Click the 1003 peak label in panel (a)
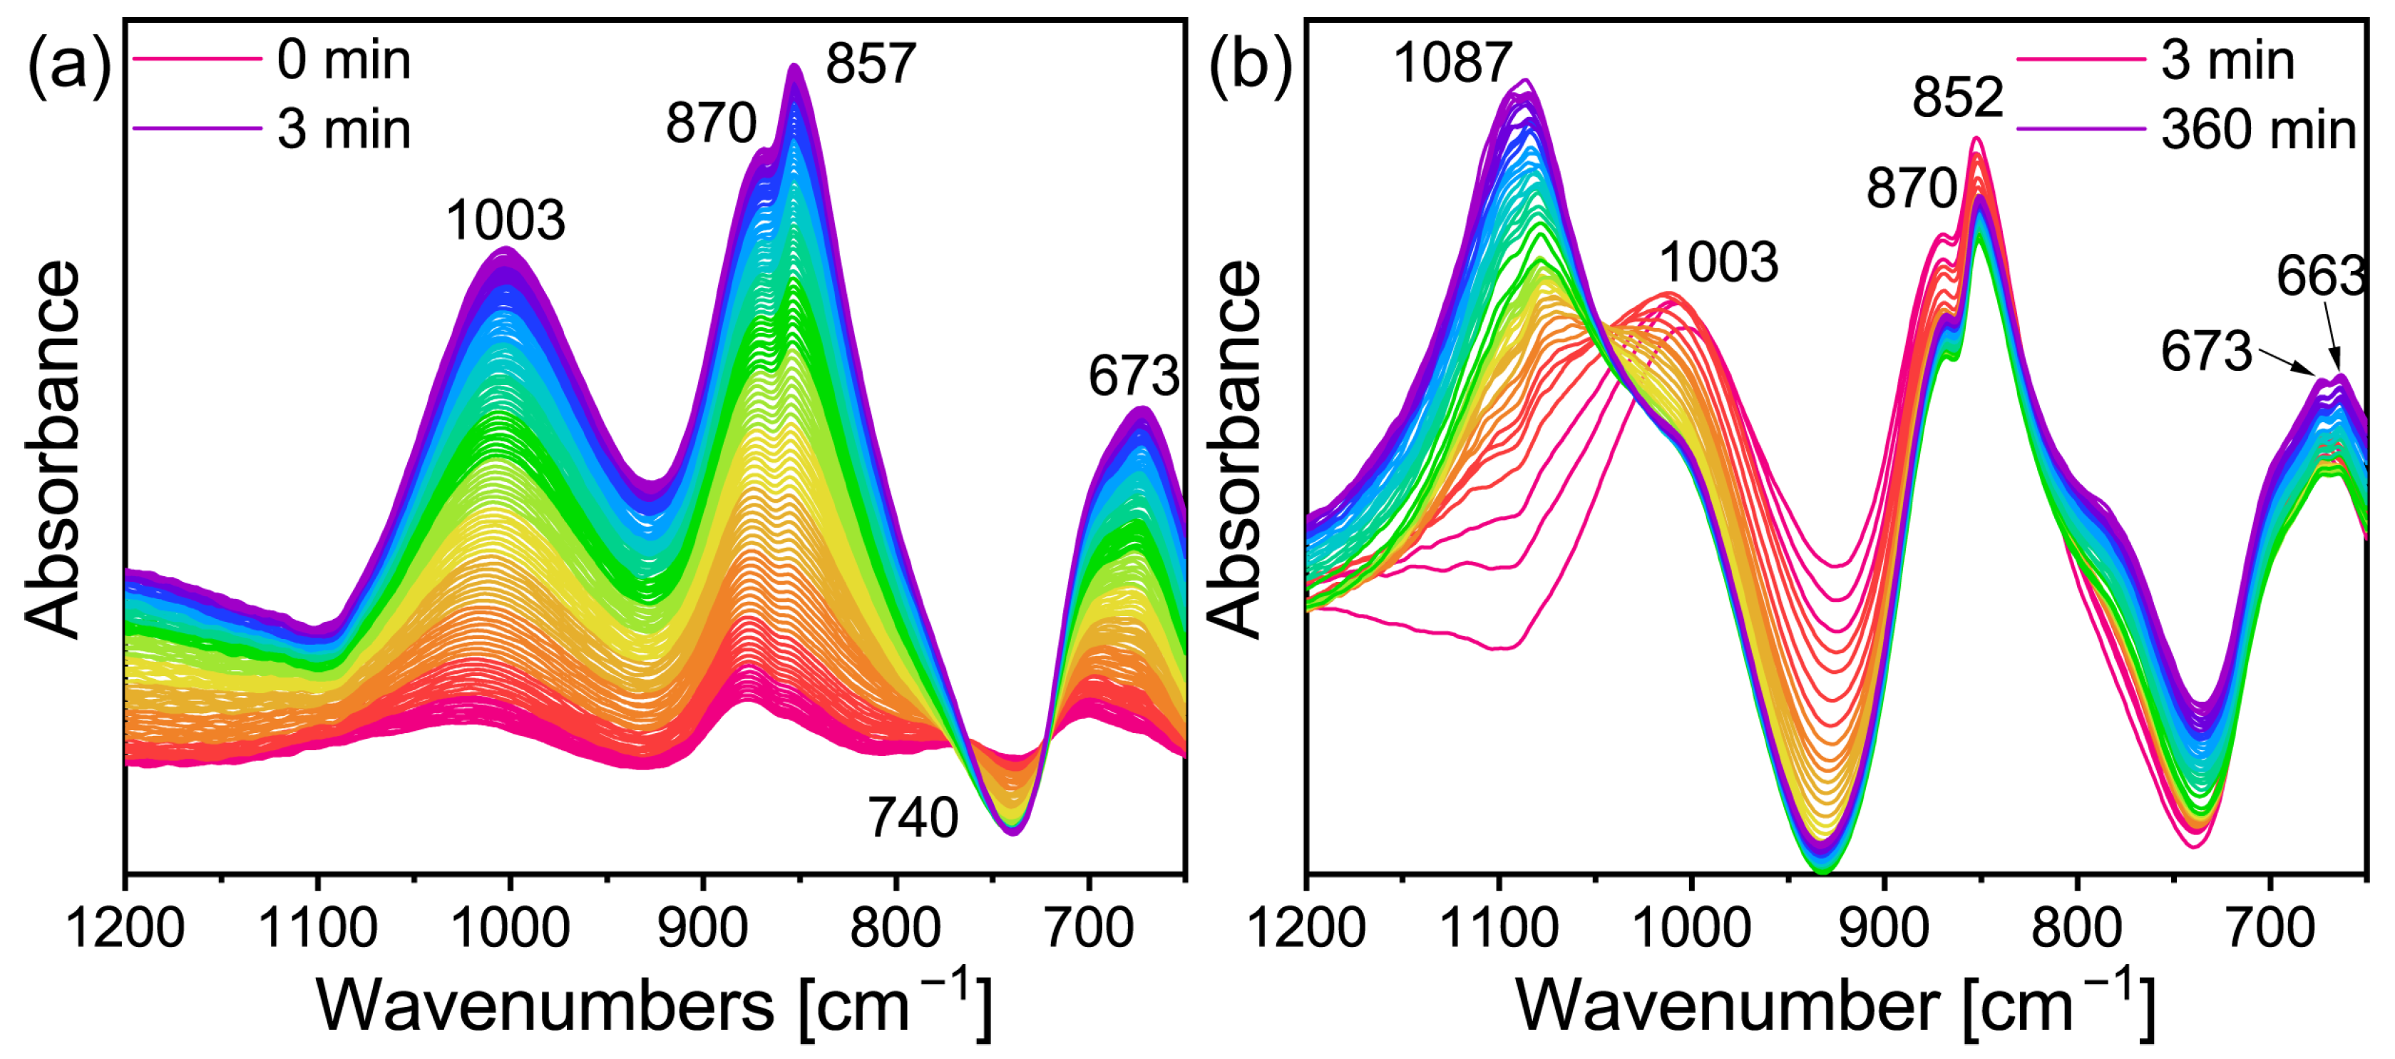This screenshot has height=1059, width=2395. pyautogui.click(x=506, y=221)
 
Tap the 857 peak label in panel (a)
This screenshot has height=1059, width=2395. pyautogui.click(x=871, y=64)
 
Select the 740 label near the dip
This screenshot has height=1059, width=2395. pyautogui.click(x=913, y=818)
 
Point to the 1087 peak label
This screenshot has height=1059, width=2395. pyautogui.click(x=1452, y=63)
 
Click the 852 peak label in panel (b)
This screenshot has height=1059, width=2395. pyautogui.click(x=1957, y=97)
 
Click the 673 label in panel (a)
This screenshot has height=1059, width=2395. pyautogui.click(x=1134, y=377)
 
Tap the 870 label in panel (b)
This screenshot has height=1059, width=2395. pyautogui.click(x=1912, y=189)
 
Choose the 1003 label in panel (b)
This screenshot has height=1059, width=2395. pyautogui.click(x=1719, y=262)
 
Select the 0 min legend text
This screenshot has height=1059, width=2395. pyautogui.click(x=344, y=61)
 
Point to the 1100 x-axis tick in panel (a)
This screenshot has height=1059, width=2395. pyautogui.click(x=318, y=928)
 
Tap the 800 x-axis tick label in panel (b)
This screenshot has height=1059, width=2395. pyautogui.click(x=2077, y=928)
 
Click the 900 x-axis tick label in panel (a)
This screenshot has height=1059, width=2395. pyautogui.click(x=703, y=928)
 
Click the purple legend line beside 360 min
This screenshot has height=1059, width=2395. pyautogui.click(x=2081, y=128)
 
